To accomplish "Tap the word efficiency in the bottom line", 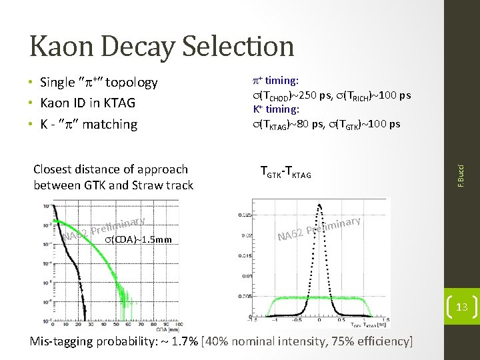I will point(381,342).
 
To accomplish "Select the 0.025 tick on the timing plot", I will point(245,214).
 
